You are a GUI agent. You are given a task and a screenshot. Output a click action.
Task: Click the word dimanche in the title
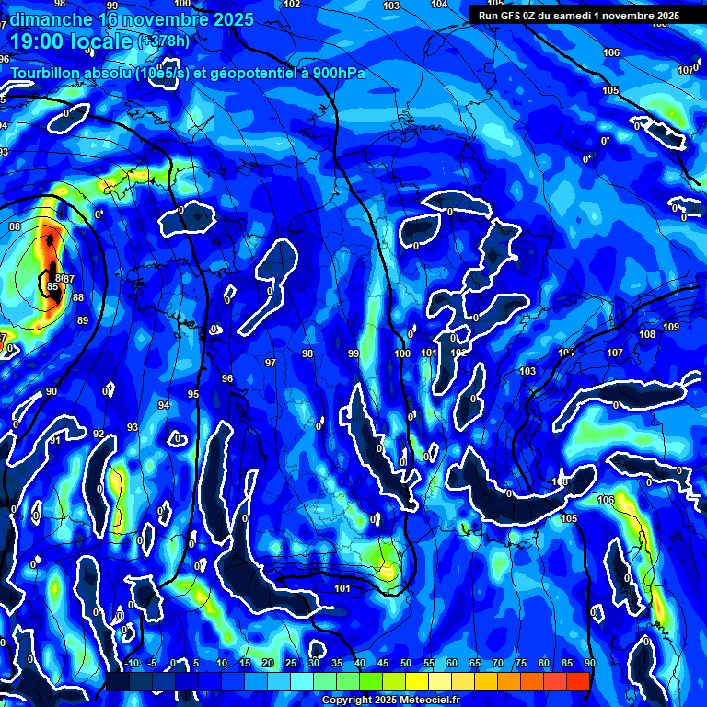click(51, 18)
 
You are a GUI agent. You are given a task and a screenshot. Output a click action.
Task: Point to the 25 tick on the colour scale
click(291, 663)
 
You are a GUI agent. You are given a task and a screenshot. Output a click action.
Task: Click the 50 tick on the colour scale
click(406, 663)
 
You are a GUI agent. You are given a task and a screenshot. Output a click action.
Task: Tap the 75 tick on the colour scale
click(521, 663)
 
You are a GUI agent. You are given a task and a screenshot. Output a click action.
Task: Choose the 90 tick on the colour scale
click(589, 663)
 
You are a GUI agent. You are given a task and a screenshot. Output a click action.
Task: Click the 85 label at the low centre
click(52, 287)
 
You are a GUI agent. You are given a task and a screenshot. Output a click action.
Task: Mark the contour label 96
click(227, 378)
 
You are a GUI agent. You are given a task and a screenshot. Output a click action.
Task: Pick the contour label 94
click(164, 406)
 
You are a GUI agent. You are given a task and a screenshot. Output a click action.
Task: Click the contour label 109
click(671, 328)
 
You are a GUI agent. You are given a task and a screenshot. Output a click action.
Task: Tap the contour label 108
click(647, 335)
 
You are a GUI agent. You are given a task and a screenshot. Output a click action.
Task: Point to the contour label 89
click(83, 320)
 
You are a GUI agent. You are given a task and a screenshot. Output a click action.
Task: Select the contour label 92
click(99, 434)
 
